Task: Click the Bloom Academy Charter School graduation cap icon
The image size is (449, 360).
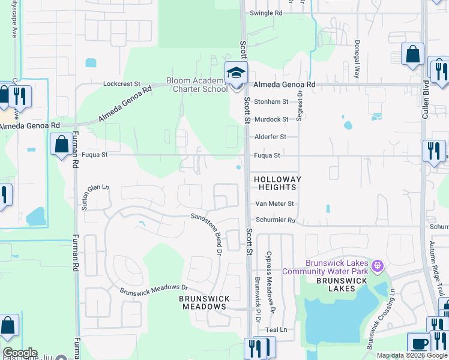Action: [x=236, y=73]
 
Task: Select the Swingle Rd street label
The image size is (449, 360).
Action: [x=265, y=13]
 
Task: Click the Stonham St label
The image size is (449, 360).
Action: [x=271, y=102]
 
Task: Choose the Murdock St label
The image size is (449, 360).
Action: [x=271, y=119]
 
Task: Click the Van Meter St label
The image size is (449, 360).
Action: [x=275, y=204]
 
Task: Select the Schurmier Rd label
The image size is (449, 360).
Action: [x=276, y=220]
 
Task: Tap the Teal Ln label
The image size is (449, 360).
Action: [x=276, y=330]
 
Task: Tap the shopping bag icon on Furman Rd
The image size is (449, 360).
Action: [x=62, y=145]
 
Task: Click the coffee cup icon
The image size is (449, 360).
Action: [x=418, y=343]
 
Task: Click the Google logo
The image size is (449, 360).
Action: [x=20, y=353]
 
